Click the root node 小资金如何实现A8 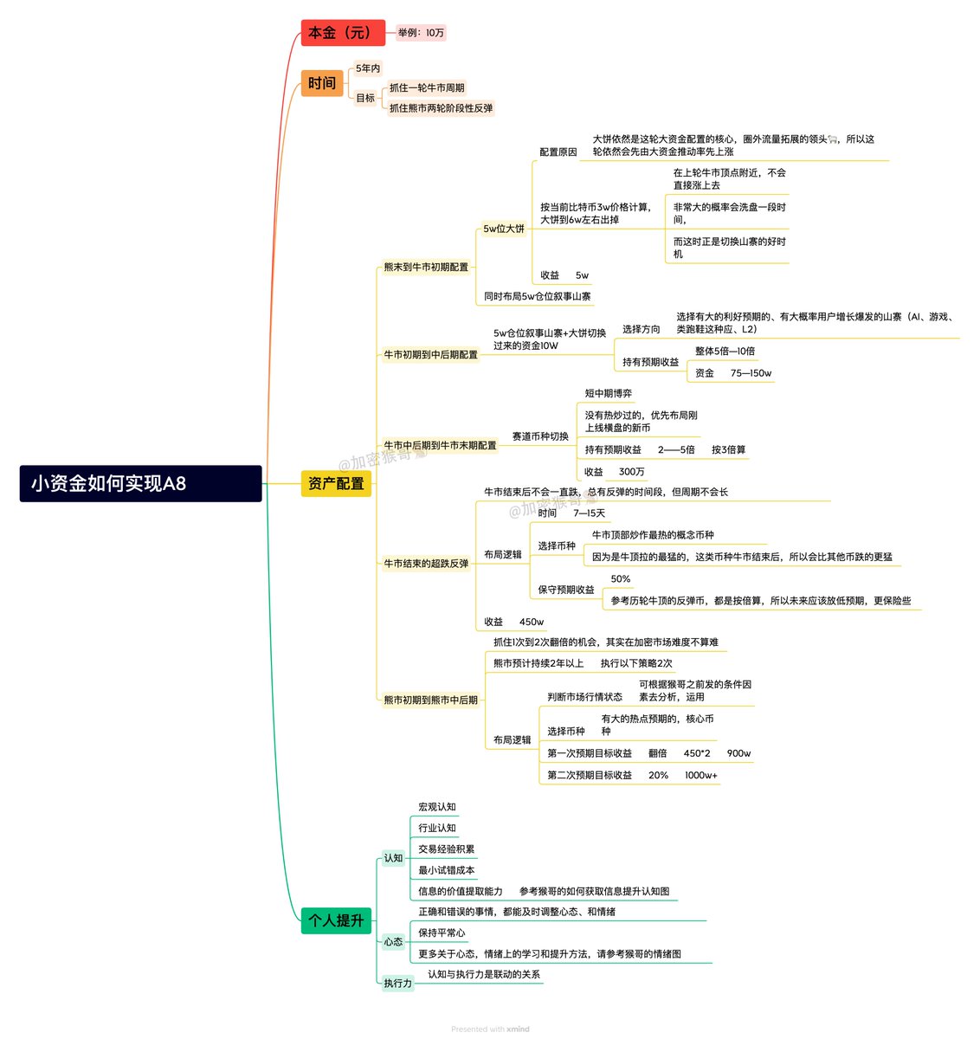click(x=140, y=483)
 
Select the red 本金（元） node click(x=342, y=33)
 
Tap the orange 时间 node click(x=322, y=83)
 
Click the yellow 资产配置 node click(x=336, y=483)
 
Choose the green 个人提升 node click(x=336, y=920)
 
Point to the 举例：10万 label click(x=422, y=33)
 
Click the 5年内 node click(x=368, y=68)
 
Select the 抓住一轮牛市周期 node click(x=427, y=87)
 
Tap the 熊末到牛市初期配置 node click(x=426, y=267)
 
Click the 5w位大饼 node click(x=504, y=229)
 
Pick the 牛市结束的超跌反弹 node click(x=426, y=564)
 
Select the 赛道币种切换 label click(x=540, y=436)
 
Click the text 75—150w click(x=751, y=373)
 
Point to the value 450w click(x=532, y=622)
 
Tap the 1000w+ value click(x=701, y=775)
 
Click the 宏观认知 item click(x=437, y=807)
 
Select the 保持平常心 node click(x=442, y=933)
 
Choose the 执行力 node click(x=398, y=983)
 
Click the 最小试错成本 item click(x=447, y=870)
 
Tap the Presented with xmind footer click(x=490, y=1029)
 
